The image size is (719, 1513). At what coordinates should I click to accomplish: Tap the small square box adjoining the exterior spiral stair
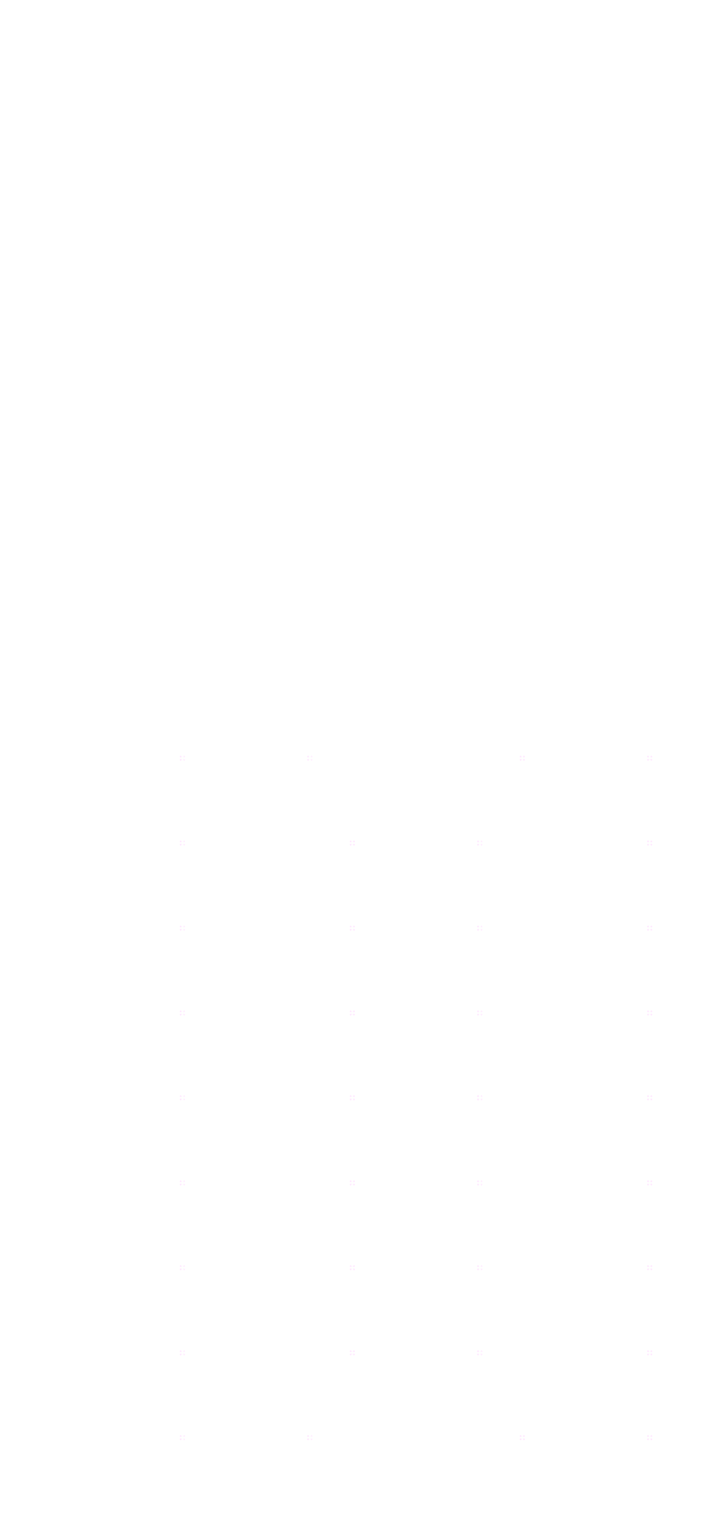79,384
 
